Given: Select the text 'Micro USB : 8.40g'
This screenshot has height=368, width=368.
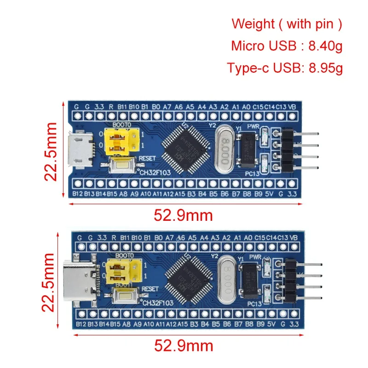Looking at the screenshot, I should (287, 46).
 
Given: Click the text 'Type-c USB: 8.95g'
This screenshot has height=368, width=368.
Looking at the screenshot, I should (285, 68).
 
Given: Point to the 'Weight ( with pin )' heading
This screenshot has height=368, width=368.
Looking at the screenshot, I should (287, 23).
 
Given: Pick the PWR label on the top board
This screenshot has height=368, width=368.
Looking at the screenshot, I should (254, 126).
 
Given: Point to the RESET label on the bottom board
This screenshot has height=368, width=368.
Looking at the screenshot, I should (150, 288).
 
